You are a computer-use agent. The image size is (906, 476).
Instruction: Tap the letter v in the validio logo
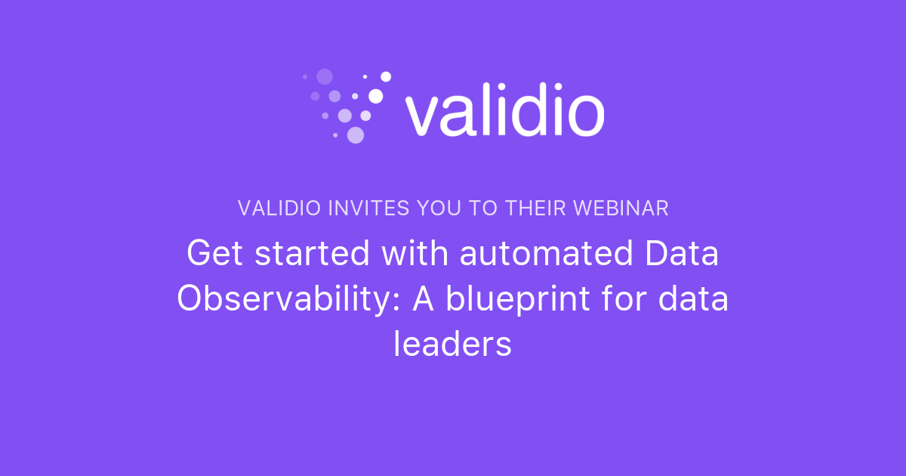coord(421,116)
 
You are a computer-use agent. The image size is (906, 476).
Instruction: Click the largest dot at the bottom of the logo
coord(356,134)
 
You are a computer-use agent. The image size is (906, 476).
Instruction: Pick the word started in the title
coord(313,254)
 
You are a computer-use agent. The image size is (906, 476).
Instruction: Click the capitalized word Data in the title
coord(682,254)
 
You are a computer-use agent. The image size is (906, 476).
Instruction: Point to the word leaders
coord(453,345)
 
